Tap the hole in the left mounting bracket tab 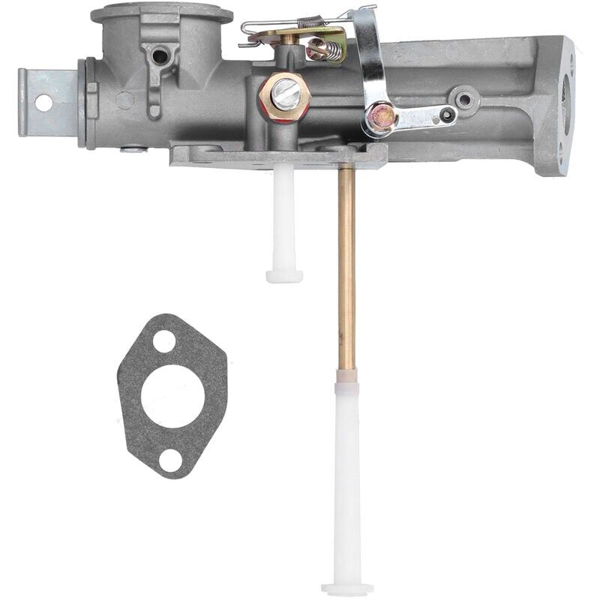[x=43, y=103]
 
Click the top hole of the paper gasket [x=163, y=341]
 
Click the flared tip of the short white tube [x=284, y=276]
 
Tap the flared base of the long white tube [x=347, y=588]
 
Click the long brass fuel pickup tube [x=346, y=262]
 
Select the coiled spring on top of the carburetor [x=310, y=22]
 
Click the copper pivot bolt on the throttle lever [x=380, y=116]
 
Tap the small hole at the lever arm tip [x=448, y=115]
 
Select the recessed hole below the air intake [x=159, y=55]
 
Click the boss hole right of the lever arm [x=465, y=97]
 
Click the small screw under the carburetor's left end [x=133, y=149]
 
